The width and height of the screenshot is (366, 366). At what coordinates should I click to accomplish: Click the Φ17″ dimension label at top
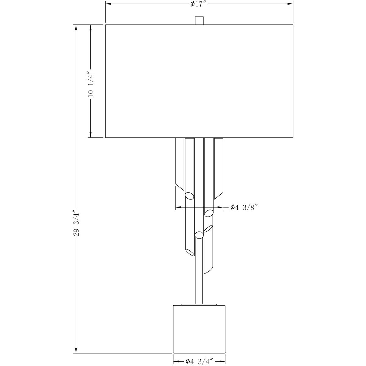[x=199, y=4]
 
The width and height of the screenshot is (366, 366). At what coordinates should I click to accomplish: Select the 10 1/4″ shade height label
[x=90, y=84]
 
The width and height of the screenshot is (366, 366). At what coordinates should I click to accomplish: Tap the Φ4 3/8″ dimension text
[x=245, y=207]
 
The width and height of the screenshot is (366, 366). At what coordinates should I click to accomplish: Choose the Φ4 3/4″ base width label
[x=199, y=361]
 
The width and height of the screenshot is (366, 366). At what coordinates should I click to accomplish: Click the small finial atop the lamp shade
[x=199, y=20]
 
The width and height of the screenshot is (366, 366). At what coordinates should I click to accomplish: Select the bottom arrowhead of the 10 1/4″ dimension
[x=90, y=135]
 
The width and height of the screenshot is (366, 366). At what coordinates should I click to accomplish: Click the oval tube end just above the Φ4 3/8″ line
[x=189, y=195]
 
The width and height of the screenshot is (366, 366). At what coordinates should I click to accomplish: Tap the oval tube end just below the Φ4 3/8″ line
[x=209, y=213]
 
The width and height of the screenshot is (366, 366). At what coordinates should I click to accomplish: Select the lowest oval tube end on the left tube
[x=190, y=252]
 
